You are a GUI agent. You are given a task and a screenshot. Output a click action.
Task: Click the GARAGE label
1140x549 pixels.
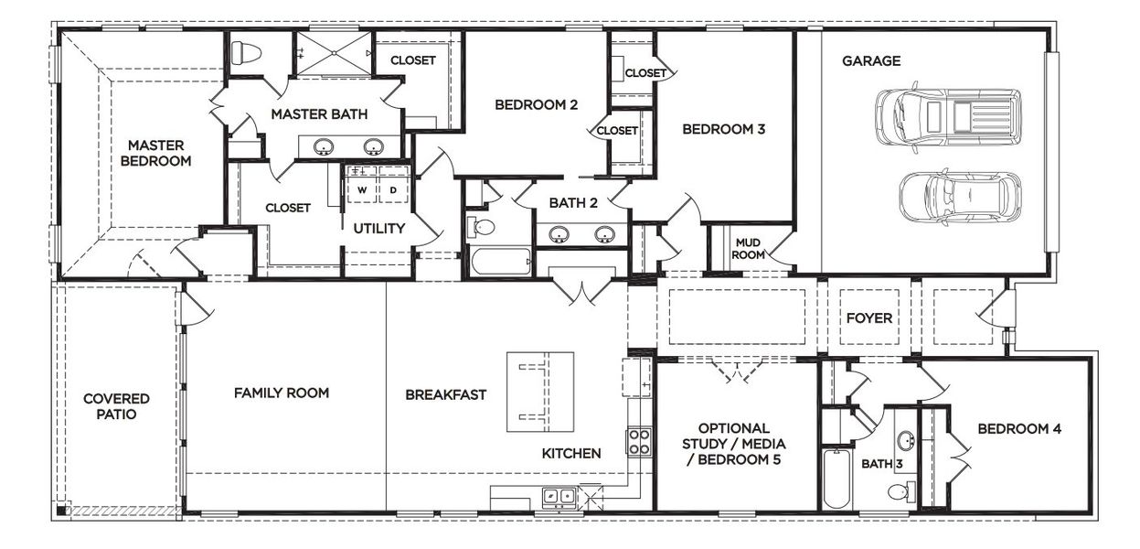click(x=870, y=61)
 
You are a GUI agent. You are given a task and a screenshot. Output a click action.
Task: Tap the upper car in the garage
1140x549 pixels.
click(x=947, y=116)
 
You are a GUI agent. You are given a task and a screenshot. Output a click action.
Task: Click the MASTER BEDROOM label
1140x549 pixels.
click(x=156, y=153)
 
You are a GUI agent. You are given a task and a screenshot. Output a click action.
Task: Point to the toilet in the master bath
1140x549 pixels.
click(x=246, y=53)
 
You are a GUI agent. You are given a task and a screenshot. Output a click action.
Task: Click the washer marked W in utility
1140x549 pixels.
click(x=362, y=189)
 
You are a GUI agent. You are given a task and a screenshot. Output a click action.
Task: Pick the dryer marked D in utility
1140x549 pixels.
click(x=393, y=189)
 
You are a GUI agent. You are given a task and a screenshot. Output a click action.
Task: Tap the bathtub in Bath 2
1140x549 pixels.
click(x=499, y=262)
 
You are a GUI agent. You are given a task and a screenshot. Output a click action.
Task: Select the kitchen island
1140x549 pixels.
click(x=540, y=392)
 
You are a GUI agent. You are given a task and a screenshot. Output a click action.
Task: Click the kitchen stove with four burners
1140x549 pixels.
click(x=638, y=442)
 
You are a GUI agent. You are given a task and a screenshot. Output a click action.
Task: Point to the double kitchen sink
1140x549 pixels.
click(x=559, y=497)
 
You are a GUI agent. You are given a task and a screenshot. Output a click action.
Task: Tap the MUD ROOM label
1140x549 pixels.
click(x=749, y=248)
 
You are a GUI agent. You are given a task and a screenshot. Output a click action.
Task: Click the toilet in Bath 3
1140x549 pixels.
click(x=899, y=492)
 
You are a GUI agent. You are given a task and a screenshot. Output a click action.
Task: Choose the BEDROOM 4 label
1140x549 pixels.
click(x=1018, y=428)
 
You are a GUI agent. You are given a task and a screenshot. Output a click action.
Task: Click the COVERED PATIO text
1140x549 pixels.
click(x=116, y=406)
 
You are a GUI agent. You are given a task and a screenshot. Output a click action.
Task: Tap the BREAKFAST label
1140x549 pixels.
click(x=445, y=395)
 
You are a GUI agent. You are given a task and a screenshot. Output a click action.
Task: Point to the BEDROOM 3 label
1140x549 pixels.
click(x=723, y=129)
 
